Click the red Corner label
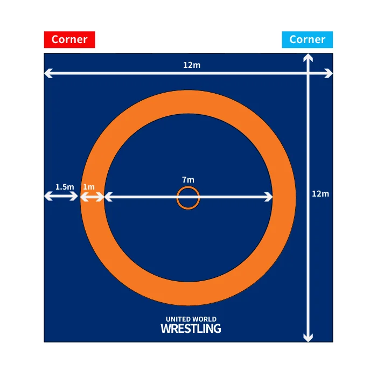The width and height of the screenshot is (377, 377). (69, 40)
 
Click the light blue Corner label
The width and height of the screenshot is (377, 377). (307, 40)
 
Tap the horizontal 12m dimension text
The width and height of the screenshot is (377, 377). (191, 65)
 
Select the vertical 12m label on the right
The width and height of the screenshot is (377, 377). (320, 194)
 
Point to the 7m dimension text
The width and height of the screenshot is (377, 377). (188, 179)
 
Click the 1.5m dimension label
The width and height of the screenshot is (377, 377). (64, 187)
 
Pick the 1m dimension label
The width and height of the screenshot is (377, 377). (88, 187)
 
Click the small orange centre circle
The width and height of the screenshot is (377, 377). (188, 198)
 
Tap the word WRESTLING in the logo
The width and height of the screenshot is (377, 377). (191, 328)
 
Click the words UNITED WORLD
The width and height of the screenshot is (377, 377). (191, 319)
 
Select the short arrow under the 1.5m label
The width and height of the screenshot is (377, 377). (61, 197)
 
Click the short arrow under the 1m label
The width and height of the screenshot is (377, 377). (92, 198)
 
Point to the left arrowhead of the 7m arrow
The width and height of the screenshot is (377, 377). (107, 198)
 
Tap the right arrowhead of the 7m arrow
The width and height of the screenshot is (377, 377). (269, 198)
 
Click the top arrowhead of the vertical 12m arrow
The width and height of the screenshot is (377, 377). (308, 58)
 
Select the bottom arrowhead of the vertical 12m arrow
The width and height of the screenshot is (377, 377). (308, 337)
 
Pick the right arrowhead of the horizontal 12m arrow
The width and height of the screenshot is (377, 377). (329, 73)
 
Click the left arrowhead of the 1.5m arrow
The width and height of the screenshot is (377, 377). (47, 197)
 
